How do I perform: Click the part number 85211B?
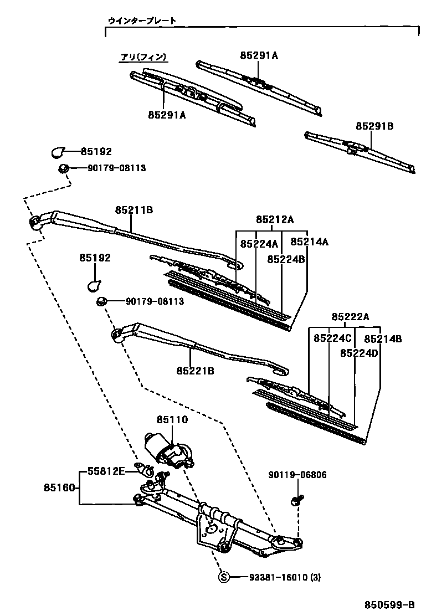tap(134, 211)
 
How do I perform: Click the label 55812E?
tap(106, 471)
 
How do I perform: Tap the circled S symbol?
tap(224, 577)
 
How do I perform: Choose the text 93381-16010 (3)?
tap(277, 577)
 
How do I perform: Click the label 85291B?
tap(374, 126)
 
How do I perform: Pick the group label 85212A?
tap(274, 219)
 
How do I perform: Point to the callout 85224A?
tap(259, 244)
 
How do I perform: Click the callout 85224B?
tap(286, 259)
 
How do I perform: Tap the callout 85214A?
tap(310, 242)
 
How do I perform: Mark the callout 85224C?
tap(332, 338)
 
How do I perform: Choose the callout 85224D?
tap(359, 353)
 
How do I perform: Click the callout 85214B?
tap(383, 338)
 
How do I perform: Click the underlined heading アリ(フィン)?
tap(144, 57)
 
